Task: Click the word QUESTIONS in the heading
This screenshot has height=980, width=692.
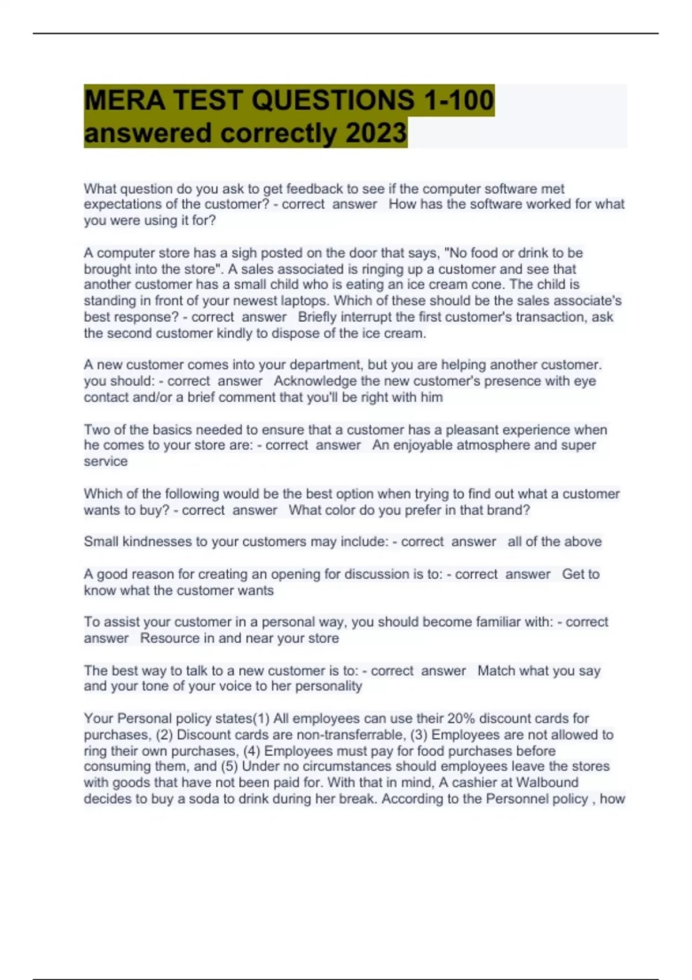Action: coord(333,100)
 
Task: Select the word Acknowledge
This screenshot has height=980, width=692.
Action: coord(315,381)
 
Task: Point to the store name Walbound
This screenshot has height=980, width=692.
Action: coord(547,783)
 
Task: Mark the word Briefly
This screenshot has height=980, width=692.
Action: coord(317,317)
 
